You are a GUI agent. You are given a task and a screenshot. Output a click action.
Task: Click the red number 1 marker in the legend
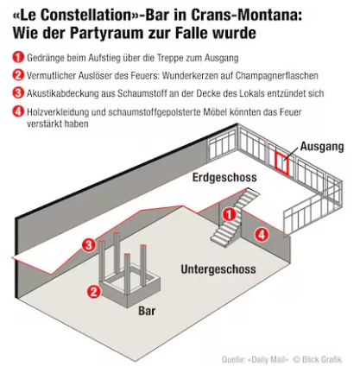coord(18,57)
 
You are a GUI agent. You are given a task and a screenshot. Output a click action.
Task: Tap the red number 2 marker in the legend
coord(18,75)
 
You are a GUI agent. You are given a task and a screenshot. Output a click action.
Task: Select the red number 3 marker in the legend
coord(18,92)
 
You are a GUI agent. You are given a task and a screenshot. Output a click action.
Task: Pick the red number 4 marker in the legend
coord(18,111)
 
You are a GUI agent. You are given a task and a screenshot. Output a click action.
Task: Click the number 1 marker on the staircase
coord(230,214)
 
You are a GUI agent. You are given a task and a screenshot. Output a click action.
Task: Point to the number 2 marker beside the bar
coord(94,292)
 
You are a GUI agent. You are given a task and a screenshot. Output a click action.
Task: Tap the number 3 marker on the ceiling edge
coord(89,245)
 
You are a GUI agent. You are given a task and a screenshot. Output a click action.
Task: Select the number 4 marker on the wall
coord(262,235)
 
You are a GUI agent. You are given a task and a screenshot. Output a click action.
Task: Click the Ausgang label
coord(322,147)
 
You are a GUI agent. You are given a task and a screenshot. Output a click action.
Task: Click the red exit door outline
coord(281,163)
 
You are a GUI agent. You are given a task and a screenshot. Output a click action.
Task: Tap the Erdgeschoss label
coord(224,177)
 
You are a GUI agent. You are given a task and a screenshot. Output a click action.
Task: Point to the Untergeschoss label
coord(218,269)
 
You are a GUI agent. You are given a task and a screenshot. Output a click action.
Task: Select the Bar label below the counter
coord(147,311)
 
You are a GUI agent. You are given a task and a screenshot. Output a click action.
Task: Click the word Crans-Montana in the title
coord(246,16)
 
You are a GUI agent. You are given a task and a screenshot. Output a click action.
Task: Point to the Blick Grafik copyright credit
coord(318,359)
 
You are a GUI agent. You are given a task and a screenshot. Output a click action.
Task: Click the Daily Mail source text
coord(269,360)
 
